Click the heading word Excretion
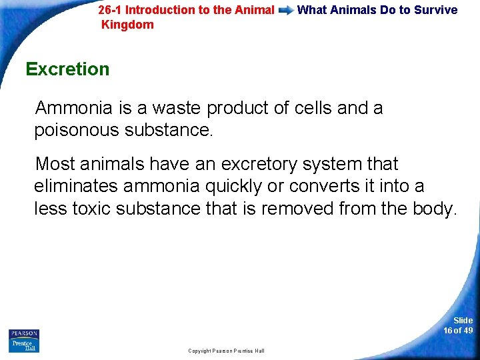pos(67,69)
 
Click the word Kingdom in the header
pos(127,25)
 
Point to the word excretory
pos(267,164)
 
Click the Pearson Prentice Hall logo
pos(24,340)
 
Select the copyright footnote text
pos(226,351)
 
